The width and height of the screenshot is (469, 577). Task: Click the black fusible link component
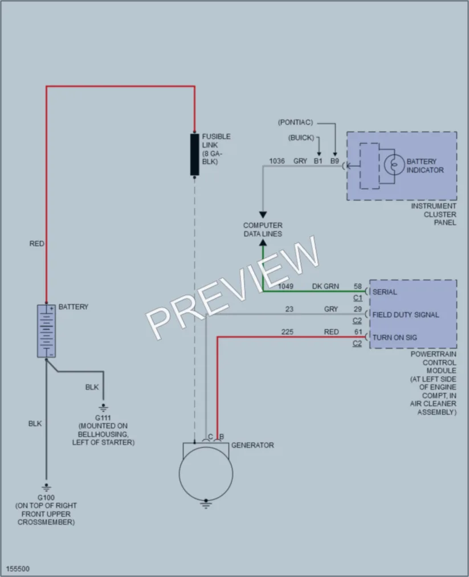pos(194,154)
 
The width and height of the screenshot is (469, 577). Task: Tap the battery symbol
pos(46,331)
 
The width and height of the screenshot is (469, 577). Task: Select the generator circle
pos(206,474)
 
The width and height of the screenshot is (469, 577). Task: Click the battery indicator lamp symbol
pos(394,165)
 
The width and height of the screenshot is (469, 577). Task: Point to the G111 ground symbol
pos(104,408)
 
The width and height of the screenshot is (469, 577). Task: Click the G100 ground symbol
pos(46,488)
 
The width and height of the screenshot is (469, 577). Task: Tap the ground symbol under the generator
pos(206,504)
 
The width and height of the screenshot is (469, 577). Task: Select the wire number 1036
pos(277,161)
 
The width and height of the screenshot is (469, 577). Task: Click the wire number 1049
pos(286,287)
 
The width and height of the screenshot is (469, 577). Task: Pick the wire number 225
pos(288,332)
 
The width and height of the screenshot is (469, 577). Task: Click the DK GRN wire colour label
pos(325,287)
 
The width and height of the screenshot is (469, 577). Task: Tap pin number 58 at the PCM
pos(358,287)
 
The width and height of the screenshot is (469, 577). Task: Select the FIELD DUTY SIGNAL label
pos(406,314)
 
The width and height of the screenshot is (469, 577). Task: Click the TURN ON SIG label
pos(395,337)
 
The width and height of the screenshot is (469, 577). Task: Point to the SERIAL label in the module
pos(385,292)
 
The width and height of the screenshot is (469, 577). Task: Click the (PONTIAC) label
pos(295,122)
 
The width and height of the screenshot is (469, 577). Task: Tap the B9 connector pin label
pos(335,161)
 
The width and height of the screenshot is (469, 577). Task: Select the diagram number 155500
pos(18,568)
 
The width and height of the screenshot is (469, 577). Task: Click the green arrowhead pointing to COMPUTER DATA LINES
pos(263,243)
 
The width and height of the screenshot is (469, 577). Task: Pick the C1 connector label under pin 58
pos(358,298)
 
